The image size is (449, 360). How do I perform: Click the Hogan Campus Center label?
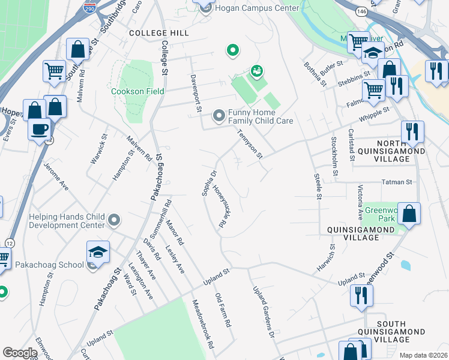tap(256, 8)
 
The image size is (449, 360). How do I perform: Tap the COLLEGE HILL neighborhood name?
tap(158, 33)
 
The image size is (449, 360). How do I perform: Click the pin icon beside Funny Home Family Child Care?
tap(218, 114)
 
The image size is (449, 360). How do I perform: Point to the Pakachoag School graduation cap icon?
tap(98, 252)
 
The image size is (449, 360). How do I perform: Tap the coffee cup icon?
tap(40, 130)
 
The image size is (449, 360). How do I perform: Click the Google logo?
tap(20, 353)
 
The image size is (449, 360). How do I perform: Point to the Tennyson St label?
tap(249, 144)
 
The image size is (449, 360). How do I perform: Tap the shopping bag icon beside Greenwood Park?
tap(409, 214)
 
